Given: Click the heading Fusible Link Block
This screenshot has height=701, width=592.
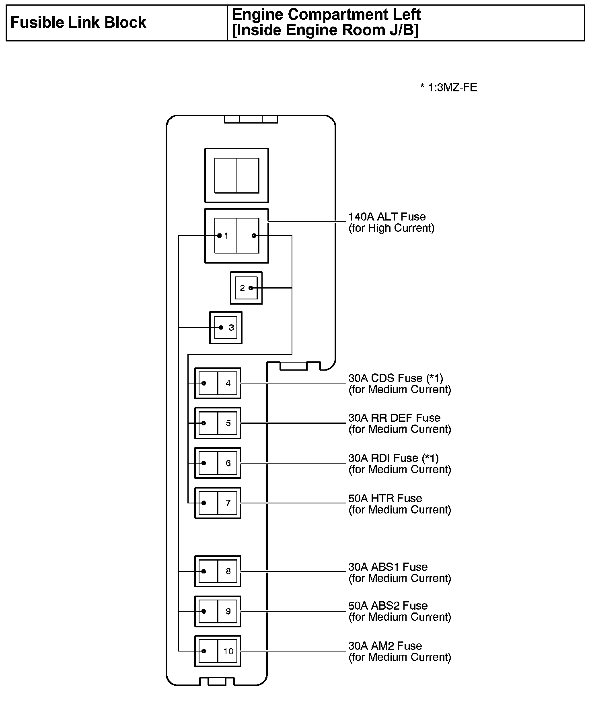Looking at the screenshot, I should point(78,23).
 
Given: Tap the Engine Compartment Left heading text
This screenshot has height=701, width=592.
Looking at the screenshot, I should point(326,15).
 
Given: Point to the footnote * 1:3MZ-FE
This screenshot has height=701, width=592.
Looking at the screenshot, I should point(448,87).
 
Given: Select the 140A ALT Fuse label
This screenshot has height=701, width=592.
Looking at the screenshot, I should point(386,217).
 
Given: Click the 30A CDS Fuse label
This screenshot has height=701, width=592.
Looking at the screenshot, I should point(395,378).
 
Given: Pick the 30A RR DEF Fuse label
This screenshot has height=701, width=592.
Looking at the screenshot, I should point(394,418).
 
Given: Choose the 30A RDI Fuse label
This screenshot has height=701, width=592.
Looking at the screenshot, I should point(393,458).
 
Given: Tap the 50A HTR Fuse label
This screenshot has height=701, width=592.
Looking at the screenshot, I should point(385,499).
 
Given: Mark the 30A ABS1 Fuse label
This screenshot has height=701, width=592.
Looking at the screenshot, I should point(388,567).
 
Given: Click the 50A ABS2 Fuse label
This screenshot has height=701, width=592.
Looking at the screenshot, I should point(388,606).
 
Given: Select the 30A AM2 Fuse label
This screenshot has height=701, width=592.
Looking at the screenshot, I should point(385,646).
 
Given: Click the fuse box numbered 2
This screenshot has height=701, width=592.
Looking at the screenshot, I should point(246,288).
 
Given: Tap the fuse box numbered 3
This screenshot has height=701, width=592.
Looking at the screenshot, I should point(226,328).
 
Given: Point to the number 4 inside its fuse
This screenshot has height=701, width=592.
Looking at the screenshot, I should point(228,383).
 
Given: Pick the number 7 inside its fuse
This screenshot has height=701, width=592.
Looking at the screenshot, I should point(228,503).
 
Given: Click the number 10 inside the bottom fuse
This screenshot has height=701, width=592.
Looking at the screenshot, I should point(228,651).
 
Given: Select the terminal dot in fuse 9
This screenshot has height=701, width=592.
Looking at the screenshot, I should point(204,611).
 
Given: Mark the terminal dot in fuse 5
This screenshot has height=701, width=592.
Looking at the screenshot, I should point(204,423).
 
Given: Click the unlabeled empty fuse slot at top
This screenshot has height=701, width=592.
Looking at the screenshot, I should point(236,175).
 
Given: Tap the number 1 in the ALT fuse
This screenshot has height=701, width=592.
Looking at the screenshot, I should point(226,236).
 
